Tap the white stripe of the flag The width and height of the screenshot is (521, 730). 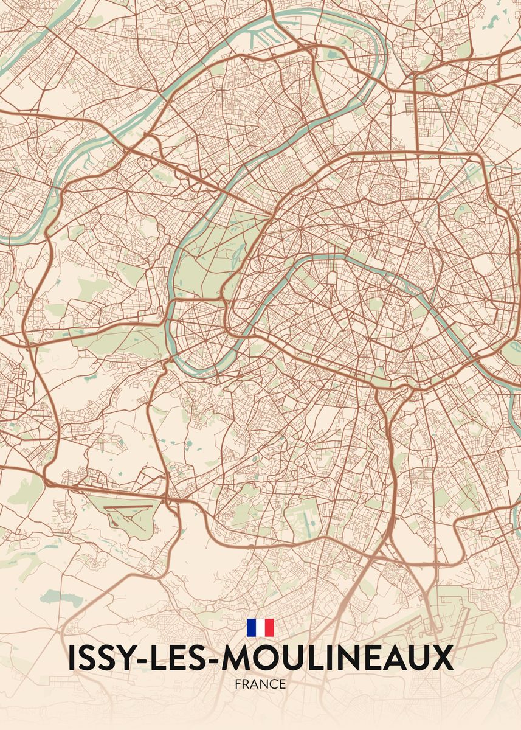pyautogui.click(x=260, y=628)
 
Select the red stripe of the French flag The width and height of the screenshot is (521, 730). pyautogui.click(x=269, y=628)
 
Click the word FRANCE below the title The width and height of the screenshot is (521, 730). pyautogui.click(x=260, y=684)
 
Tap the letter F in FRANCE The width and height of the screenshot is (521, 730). pyautogui.click(x=238, y=684)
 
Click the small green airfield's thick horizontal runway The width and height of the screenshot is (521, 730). pyautogui.click(x=128, y=506)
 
